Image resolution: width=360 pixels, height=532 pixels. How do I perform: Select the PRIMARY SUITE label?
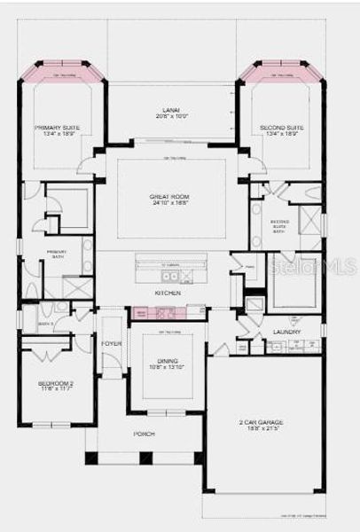58,128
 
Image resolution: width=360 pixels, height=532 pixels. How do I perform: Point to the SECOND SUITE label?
282,128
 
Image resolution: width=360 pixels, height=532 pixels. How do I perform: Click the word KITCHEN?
168,293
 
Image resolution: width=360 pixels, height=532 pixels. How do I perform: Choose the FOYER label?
112,343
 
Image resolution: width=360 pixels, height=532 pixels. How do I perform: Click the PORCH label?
144,434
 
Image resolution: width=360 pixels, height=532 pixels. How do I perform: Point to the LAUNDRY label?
286,332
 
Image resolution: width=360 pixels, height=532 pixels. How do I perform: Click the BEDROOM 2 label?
56,383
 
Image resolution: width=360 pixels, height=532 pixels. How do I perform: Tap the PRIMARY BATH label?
57,254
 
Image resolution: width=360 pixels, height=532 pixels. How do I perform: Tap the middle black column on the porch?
145,458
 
